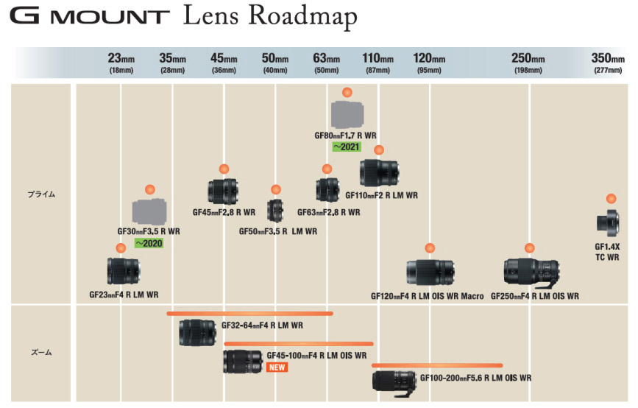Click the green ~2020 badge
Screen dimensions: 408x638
coord(149,243)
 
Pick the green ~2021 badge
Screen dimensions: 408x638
coord(346,147)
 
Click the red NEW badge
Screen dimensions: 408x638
coord(277,367)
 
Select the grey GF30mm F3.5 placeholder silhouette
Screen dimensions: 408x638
coord(151,212)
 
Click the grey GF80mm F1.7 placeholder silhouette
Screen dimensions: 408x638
coord(347,114)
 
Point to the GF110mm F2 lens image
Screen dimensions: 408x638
coord(379,173)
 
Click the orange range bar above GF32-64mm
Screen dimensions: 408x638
coord(249,314)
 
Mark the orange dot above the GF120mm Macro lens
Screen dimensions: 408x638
coord(430,248)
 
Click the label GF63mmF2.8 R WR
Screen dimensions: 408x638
coord(328,212)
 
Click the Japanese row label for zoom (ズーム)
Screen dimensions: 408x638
coord(41,353)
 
